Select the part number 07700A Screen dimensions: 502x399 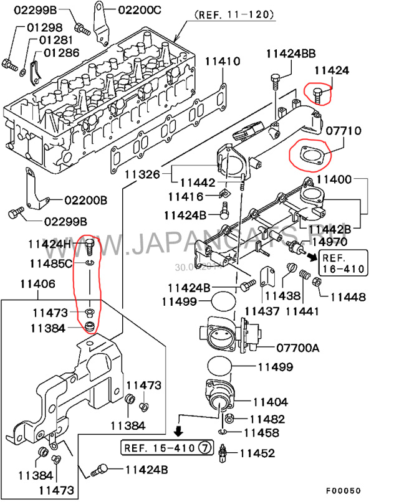pos(297,348)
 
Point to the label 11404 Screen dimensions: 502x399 pos(269,402)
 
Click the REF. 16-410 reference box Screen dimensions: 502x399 pos(343,263)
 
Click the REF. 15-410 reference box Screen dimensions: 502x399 pos(165,447)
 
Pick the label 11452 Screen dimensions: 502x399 pos(258,453)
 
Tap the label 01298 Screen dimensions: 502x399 pos(44,27)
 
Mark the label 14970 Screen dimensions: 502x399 pos(330,241)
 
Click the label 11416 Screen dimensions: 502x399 pos(185,197)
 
